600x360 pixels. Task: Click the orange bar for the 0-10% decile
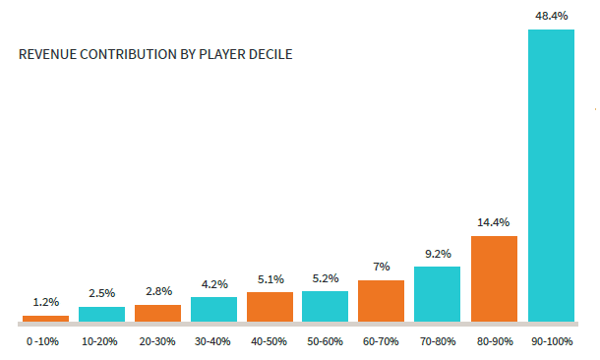pos(45,319)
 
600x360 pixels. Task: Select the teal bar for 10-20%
pos(101,314)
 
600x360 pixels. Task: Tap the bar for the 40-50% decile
pos(270,307)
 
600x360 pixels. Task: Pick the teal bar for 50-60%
pos(325,307)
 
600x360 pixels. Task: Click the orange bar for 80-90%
pos(494,279)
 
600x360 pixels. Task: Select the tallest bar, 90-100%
pos(551,176)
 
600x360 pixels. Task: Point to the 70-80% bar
pos(437,294)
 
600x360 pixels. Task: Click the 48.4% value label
pos(552,16)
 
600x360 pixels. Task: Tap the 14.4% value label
pos(493,222)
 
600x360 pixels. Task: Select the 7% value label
pos(382,267)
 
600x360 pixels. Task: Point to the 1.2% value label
pos(46,302)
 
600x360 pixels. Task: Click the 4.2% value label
pos(214,284)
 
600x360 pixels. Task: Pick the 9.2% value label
pos(438,254)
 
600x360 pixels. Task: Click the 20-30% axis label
pos(157,341)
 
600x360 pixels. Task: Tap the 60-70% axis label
pos(381,341)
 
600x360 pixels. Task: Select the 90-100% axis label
pos(552,341)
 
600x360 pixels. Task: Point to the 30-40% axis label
pos(212,341)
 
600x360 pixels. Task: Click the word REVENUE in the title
pos(48,54)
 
